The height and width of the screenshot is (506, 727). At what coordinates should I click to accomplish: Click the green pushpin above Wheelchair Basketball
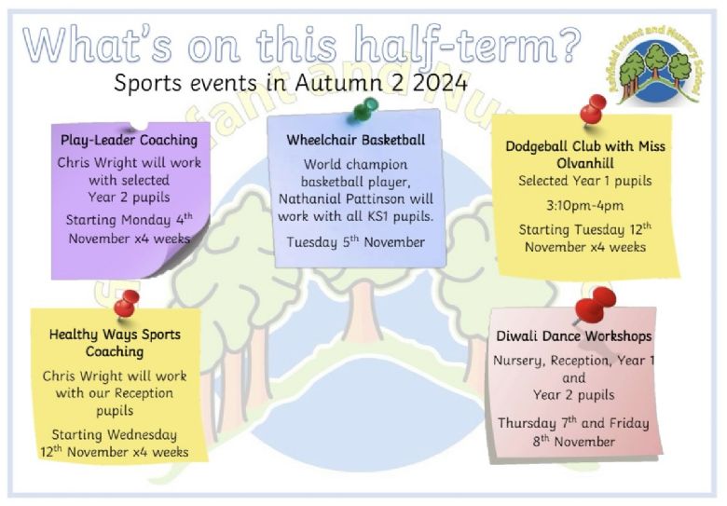(x=365, y=110)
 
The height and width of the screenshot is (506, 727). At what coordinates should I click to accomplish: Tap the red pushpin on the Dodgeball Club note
(x=593, y=111)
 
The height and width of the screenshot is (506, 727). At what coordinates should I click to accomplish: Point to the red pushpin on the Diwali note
(x=595, y=305)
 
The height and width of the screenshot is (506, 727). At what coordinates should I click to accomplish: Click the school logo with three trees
(x=655, y=64)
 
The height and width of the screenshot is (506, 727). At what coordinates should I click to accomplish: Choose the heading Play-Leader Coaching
(x=129, y=140)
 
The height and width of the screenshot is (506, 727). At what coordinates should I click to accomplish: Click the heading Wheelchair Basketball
(x=356, y=140)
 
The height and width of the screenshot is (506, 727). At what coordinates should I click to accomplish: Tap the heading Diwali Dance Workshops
(x=573, y=336)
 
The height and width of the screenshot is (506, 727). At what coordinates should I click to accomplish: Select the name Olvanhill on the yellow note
(x=585, y=163)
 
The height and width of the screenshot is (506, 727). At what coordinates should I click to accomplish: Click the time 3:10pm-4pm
(x=584, y=205)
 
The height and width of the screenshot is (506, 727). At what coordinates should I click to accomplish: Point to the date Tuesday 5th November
(x=356, y=242)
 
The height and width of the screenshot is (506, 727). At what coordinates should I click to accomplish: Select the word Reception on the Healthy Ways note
(x=144, y=393)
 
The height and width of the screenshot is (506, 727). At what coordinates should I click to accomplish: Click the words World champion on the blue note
(x=356, y=165)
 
